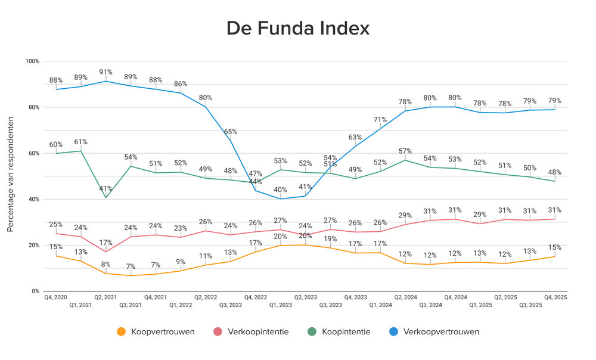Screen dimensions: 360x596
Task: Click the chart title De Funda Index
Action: point(297,28)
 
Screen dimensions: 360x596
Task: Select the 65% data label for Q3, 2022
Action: point(230,131)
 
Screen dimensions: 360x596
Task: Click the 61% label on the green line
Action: point(81,142)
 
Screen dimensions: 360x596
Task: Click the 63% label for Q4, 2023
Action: point(355,136)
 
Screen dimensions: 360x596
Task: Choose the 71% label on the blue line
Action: point(380,120)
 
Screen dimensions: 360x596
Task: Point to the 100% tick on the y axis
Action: point(32,61)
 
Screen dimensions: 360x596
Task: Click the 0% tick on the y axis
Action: point(35,291)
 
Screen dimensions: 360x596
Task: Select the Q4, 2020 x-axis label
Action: point(55,297)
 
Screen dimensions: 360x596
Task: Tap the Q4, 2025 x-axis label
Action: point(555,297)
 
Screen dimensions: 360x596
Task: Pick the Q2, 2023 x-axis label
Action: point(305,297)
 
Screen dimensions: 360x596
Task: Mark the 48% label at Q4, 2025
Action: point(555,172)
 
